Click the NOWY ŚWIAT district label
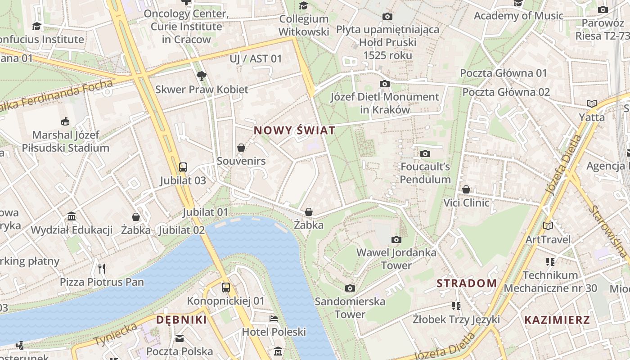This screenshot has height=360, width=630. (x=294, y=130)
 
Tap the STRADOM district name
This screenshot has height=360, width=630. (x=467, y=283)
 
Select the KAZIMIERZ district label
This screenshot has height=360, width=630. (x=557, y=320)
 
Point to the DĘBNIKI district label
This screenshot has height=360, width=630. (x=181, y=320)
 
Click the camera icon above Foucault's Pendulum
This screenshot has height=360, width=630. (x=425, y=154)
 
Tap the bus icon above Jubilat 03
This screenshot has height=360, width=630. (x=183, y=167)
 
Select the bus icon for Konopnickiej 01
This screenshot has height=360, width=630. (x=226, y=288)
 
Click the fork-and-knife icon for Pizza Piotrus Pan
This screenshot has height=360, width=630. (x=102, y=269)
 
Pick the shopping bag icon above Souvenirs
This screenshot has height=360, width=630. (x=241, y=148)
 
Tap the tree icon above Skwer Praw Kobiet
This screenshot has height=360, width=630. (x=201, y=76)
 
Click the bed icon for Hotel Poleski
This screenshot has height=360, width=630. (x=274, y=319)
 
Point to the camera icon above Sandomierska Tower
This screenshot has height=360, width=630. (x=350, y=288)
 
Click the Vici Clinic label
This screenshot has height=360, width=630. (x=466, y=202)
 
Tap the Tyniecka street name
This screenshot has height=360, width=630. (x=116, y=334)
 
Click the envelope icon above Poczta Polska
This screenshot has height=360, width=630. (x=180, y=338)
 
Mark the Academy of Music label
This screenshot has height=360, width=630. (x=518, y=16)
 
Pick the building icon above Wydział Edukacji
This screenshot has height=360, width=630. (x=72, y=217)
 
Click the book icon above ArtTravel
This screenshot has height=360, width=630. (x=548, y=226)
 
